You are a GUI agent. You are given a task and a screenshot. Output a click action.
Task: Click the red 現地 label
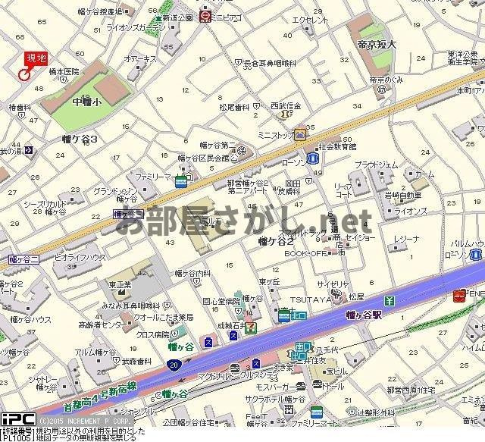tap(35, 58)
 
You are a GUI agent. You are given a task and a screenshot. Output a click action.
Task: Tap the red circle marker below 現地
tap(23, 74)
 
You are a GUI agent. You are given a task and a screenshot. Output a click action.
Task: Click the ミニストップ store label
tap(274, 135)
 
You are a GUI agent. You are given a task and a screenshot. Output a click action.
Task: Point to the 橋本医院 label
tap(64, 71)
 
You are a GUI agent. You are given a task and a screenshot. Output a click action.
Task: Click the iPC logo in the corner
tap(15, 419)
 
